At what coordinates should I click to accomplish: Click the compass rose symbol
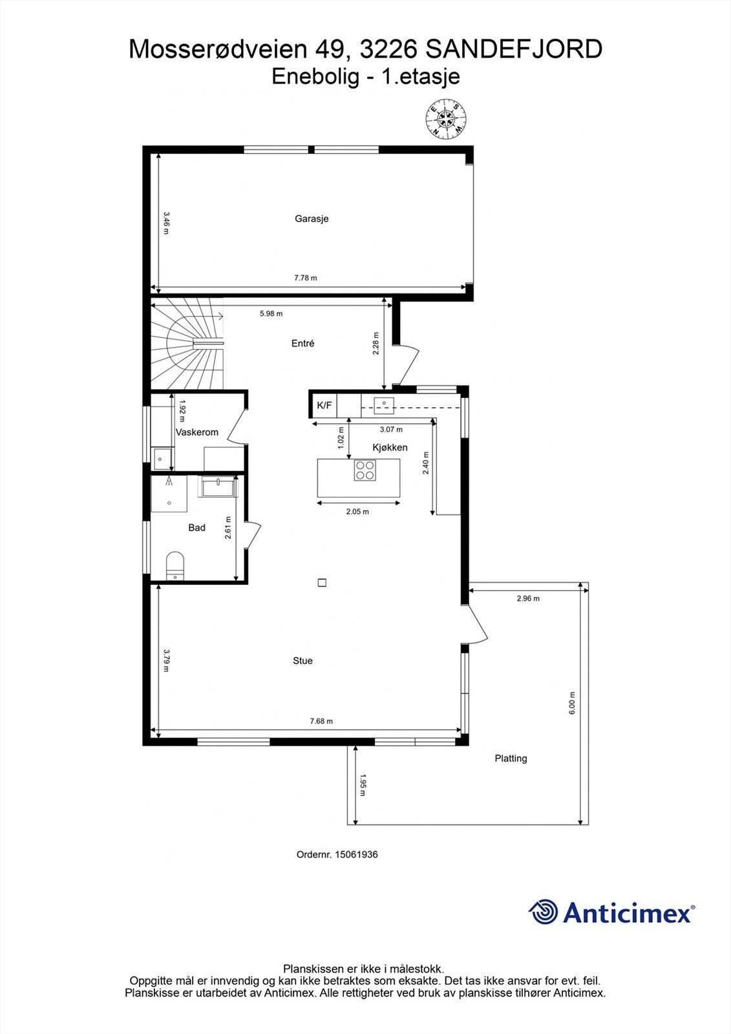(447, 118)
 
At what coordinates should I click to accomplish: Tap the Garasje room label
(312, 218)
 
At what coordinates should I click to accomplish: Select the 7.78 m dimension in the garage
(306, 278)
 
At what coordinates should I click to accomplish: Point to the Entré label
(302, 344)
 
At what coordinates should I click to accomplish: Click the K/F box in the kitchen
(324, 405)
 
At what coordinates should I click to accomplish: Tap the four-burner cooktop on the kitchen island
(365, 470)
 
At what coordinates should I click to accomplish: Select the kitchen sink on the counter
(384, 404)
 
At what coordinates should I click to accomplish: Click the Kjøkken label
(390, 447)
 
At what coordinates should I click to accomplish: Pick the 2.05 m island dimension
(357, 512)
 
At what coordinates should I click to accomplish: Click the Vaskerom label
(197, 432)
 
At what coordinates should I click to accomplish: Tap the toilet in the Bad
(175, 564)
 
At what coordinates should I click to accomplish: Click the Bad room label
(196, 528)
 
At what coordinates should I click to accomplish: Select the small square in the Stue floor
(322, 582)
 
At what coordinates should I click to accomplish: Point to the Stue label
(302, 660)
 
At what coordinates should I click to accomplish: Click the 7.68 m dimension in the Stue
(321, 721)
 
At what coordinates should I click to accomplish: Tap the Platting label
(511, 758)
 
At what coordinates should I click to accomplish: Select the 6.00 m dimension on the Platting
(571, 702)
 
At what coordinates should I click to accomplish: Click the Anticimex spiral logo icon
(543, 912)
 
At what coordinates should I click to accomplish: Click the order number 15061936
(337, 854)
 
